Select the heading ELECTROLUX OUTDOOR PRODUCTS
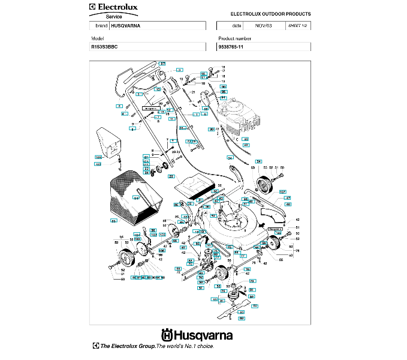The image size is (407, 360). (270, 13)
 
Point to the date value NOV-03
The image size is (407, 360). (263, 26)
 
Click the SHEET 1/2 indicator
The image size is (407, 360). (297, 26)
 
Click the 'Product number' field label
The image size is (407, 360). (235, 38)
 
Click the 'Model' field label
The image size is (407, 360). (97, 38)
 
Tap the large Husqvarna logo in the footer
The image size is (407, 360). (196, 335)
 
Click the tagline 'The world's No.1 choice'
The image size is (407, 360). (185, 346)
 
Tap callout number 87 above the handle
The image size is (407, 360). (162, 63)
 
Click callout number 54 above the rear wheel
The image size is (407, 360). (259, 162)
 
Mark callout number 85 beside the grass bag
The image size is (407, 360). (114, 221)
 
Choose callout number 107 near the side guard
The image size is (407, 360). (282, 193)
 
